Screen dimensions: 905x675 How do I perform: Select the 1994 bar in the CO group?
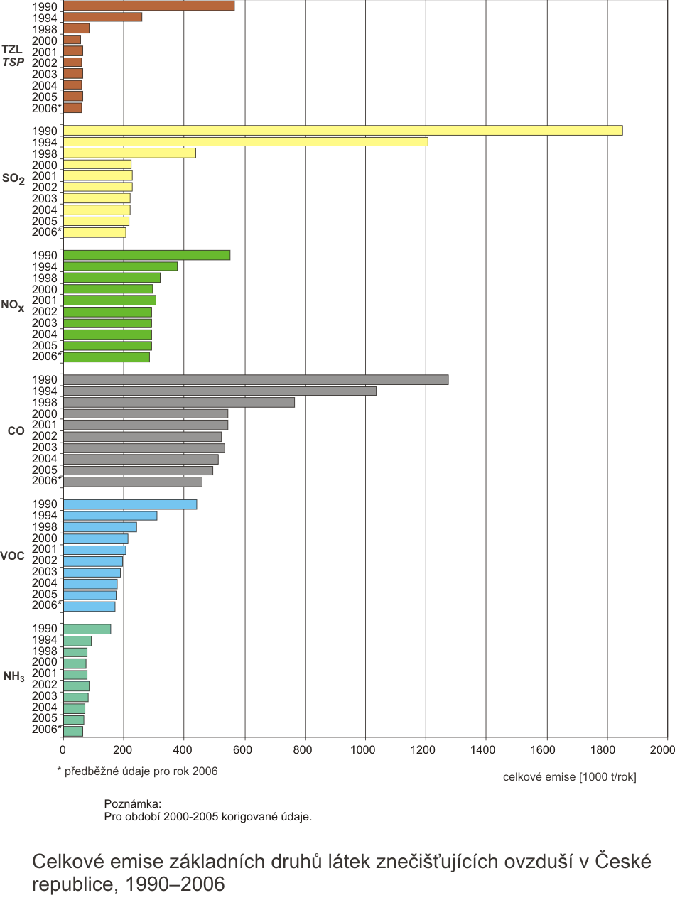tap(220, 391)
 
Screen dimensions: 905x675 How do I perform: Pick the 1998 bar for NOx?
tap(112, 278)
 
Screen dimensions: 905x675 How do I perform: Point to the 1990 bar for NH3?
tap(87, 629)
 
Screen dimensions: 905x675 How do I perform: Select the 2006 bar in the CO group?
tap(132, 482)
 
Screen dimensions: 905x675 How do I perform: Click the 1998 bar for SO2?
tap(129, 153)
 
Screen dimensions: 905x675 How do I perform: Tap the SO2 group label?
tap(13, 180)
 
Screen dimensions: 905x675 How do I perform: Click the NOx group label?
tap(13, 305)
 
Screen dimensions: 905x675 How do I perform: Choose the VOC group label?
tap(13, 556)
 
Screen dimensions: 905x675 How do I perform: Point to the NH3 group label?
tap(13, 676)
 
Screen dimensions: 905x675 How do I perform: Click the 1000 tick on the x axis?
tap(364, 749)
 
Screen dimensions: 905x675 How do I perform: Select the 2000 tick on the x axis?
tap(666, 749)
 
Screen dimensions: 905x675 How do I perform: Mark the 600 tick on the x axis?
tap(244, 749)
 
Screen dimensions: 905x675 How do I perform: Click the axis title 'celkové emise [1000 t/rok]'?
tap(569, 777)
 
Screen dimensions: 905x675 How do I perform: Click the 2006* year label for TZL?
tap(47, 108)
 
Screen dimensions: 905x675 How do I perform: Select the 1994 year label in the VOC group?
tap(44, 516)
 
